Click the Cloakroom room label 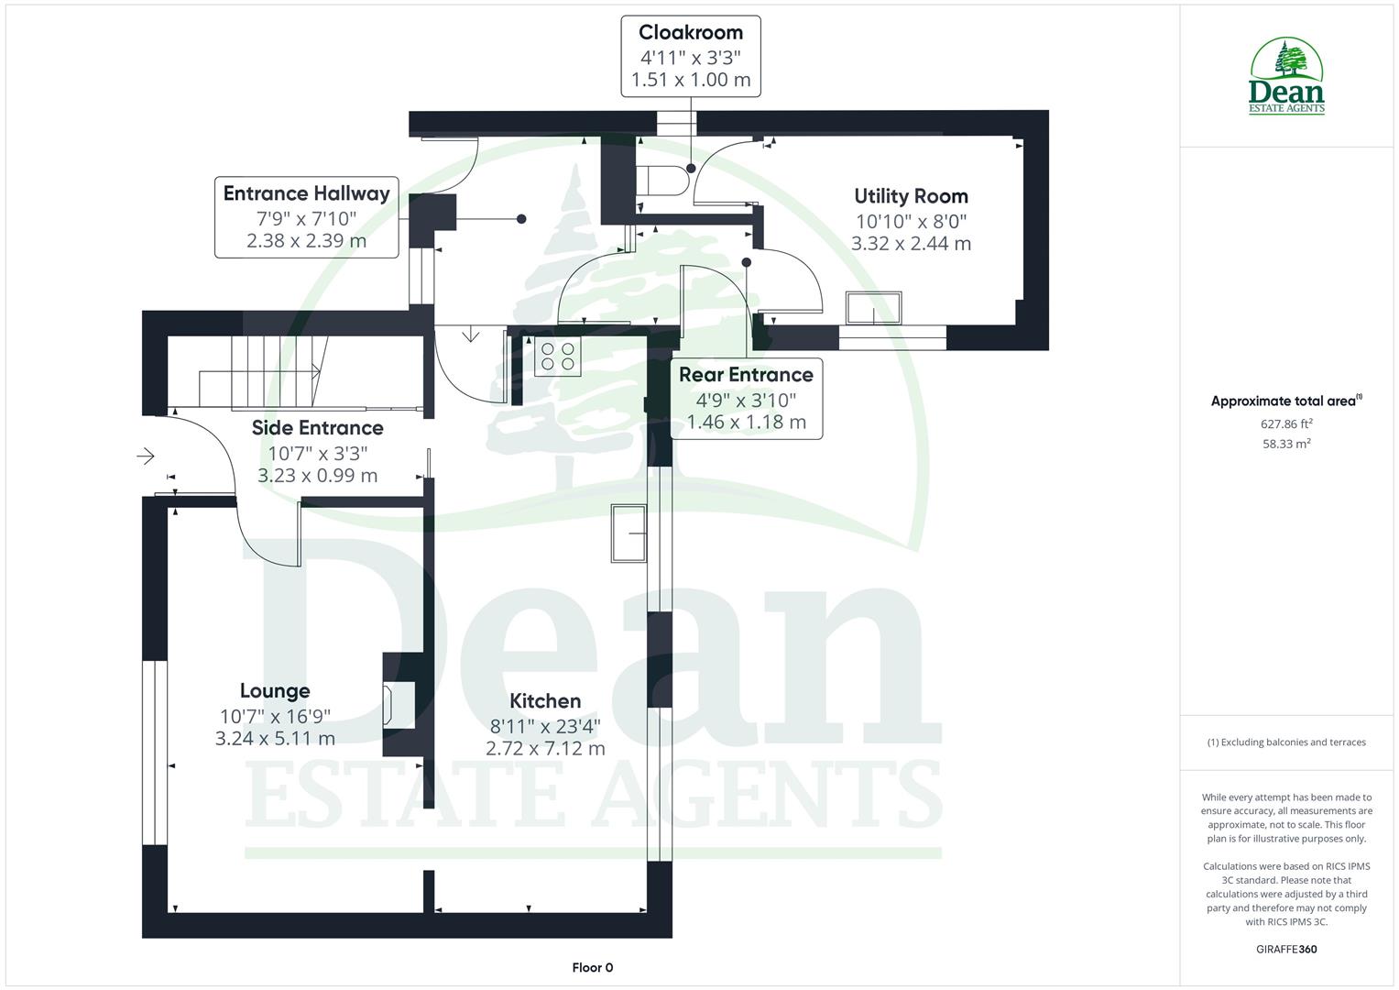coord(690,32)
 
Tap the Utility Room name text coord(911,196)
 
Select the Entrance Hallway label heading coord(306,193)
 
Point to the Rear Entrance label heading coord(746,374)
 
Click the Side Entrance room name coord(317,428)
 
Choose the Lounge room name coord(275,691)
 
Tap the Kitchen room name coord(545,701)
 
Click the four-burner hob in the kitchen coord(557,357)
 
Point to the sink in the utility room coord(873,307)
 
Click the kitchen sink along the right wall coord(628,532)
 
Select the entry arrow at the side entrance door coord(146,456)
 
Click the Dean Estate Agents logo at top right coord(1287,76)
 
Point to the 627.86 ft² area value coord(1287,423)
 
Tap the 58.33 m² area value coord(1287,444)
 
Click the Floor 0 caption coord(592,967)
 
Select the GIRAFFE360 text coord(1287,949)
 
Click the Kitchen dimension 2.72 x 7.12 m coord(545,749)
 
